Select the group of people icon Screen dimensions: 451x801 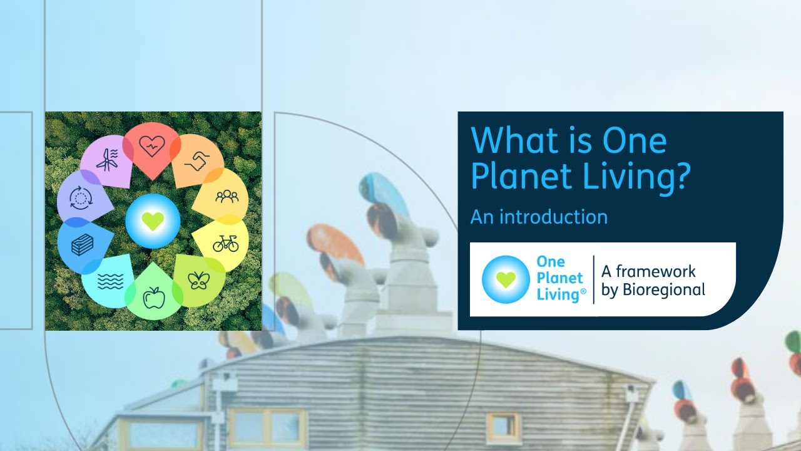tap(227, 197)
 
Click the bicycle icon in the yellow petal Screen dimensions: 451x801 tap(225, 243)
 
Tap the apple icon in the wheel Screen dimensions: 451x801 tap(153, 299)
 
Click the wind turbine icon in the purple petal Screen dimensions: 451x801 tap(106, 160)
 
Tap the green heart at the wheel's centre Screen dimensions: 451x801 tap(152, 220)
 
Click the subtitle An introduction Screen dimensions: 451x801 tap(539, 217)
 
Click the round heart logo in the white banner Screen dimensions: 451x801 tap(506, 279)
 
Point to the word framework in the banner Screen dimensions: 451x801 tap(656, 271)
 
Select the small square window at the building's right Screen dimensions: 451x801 tap(503, 427)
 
